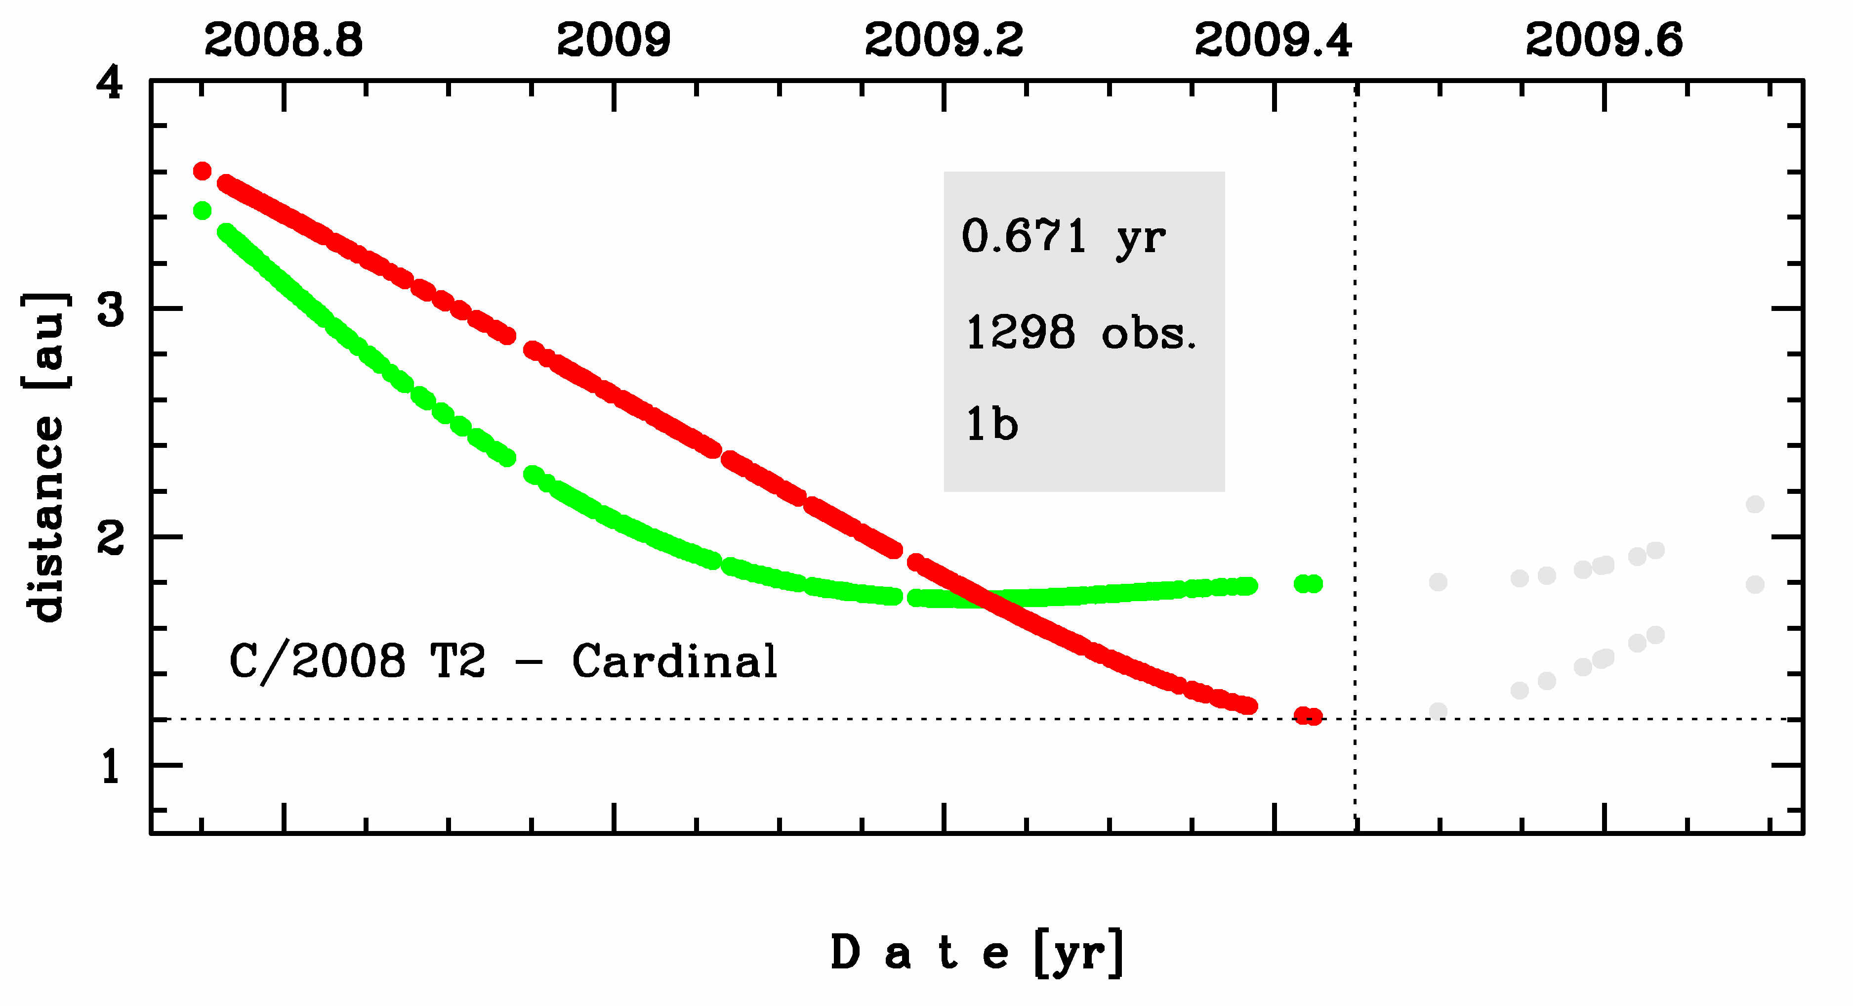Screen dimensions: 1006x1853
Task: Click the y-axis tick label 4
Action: pos(110,85)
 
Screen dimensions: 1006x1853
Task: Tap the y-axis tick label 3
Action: pos(110,310)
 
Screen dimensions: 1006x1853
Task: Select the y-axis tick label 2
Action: pos(110,537)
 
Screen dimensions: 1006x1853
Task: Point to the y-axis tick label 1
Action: pos(110,766)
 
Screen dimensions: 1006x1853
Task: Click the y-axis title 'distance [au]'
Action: pos(44,457)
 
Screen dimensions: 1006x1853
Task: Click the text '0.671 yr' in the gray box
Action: pos(1063,237)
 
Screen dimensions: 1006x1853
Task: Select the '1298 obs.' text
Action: pos(1080,333)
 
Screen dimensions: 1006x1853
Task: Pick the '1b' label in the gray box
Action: pos(991,425)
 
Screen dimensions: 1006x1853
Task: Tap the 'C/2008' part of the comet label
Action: pos(317,662)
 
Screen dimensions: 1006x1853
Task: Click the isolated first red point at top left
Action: pos(202,171)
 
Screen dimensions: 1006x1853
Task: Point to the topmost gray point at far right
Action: pos(1755,504)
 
